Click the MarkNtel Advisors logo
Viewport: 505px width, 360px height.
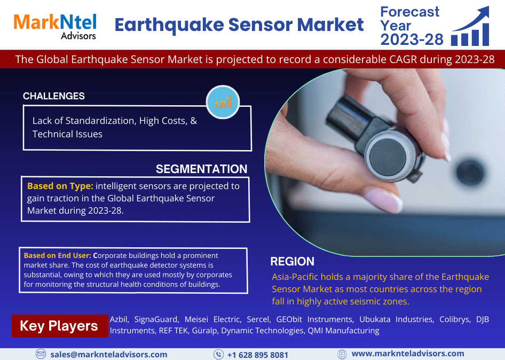click(x=55, y=26)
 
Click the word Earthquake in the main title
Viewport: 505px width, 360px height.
click(x=169, y=25)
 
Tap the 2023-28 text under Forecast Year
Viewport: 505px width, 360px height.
click(x=412, y=40)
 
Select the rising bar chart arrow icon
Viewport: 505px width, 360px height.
click(x=470, y=26)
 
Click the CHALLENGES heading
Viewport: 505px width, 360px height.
click(x=54, y=96)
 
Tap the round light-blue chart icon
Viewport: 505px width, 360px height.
click(x=223, y=102)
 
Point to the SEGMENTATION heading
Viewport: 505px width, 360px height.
click(x=202, y=169)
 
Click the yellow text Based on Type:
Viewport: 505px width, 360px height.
click(x=60, y=186)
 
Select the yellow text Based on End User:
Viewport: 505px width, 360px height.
click(x=58, y=255)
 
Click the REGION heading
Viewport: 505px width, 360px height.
click(x=293, y=261)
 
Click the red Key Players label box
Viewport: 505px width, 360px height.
click(x=60, y=326)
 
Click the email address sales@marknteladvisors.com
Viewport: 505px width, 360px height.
click(x=109, y=355)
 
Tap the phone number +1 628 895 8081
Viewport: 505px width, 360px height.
click(x=258, y=355)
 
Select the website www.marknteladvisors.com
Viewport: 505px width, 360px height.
click(x=408, y=354)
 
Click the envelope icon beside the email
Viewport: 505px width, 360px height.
click(x=41, y=354)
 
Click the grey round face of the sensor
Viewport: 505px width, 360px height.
click(x=388, y=158)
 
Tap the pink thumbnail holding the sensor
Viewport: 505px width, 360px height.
click(x=383, y=200)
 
